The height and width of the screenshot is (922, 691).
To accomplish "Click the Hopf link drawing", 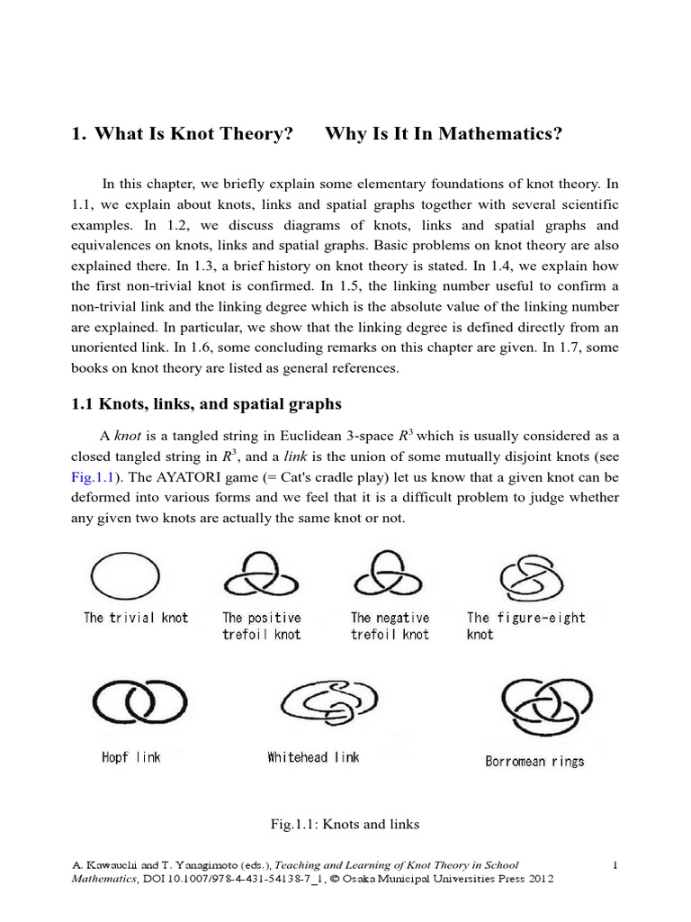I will point(131,705).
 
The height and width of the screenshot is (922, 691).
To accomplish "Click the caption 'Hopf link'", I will point(131,757).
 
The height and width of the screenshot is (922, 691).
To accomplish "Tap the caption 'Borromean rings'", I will point(534,761).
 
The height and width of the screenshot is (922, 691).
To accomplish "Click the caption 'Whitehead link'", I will point(313,757).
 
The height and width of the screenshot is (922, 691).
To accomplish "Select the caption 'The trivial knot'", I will point(136,618).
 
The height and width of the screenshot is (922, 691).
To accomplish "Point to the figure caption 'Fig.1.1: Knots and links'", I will point(345,823).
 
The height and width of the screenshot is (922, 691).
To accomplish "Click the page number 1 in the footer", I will point(615,864).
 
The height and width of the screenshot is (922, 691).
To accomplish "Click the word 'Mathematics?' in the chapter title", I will point(513,134).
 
